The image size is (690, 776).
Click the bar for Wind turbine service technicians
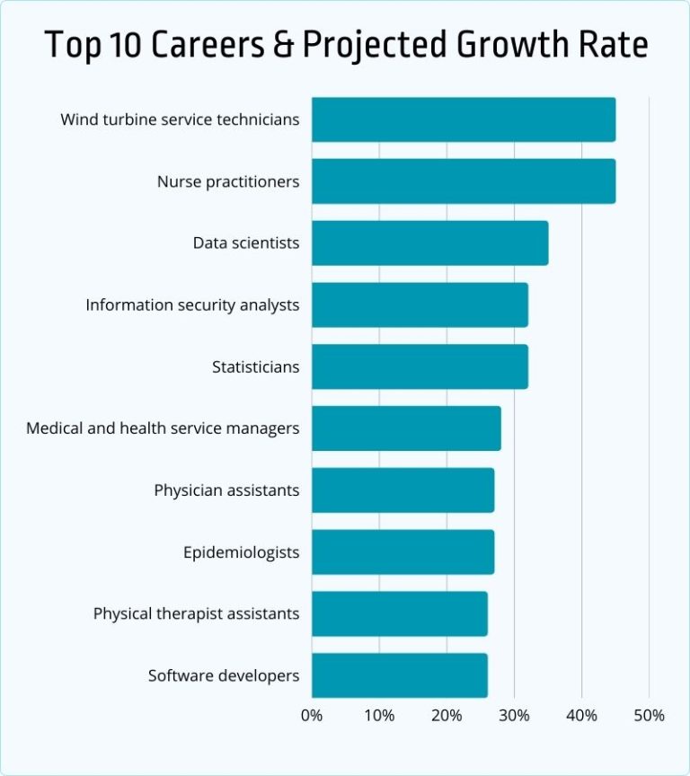pyautogui.click(x=464, y=119)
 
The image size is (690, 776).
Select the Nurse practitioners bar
pyautogui.click(x=464, y=181)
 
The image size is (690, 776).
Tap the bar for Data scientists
pyautogui.click(x=429, y=243)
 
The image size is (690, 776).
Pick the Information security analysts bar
pyautogui.click(x=420, y=304)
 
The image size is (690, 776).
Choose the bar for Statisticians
pyautogui.click(x=420, y=366)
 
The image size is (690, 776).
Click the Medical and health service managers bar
pyautogui.click(x=406, y=428)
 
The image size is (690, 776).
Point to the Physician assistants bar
pyautogui.click(x=402, y=490)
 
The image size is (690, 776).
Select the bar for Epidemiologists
pyautogui.click(x=402, y=551)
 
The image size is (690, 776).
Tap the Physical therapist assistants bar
pyautogui.click(x=399, y=613)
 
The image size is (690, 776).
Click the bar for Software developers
pyautogui.click(x=399, y=675)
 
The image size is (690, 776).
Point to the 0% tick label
pyautogui.click(x=312, y=716)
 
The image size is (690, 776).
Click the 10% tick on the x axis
pyautogui.click(x=379, y=716)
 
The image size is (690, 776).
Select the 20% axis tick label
pyautogui.click(x=447, y=716)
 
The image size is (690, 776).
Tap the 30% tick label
pyautogui.click(x=514, y=716)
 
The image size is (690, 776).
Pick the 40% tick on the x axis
pyautogui.click(x=581, y=716)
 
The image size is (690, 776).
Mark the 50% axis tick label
pyautogui.click(x=649, y=716)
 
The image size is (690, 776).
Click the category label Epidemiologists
pyautogui.click(x=241, y=552)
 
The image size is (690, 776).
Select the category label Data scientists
pyautogui.click(x=246, y=243)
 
